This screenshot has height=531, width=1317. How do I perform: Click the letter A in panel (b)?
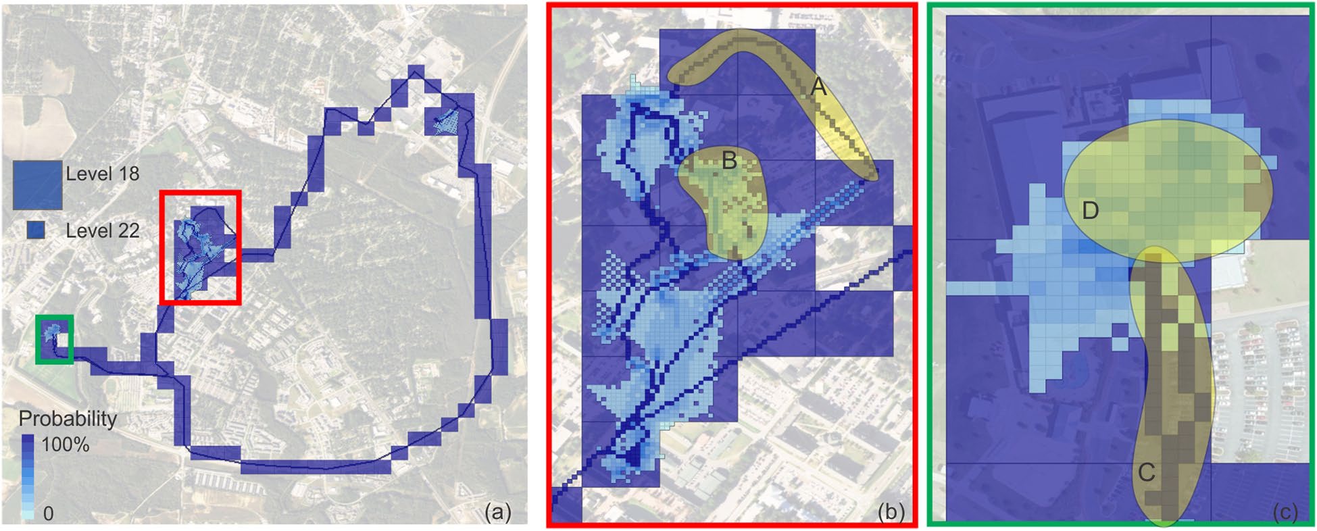(818, 87)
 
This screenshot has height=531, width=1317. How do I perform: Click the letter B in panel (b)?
(729, 161)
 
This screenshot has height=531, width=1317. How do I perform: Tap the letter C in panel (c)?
(1147, 472)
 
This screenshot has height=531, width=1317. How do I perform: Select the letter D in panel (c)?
(1090, 211)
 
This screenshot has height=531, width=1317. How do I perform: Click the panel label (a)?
(498, 512)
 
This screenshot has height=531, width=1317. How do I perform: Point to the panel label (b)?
(891, 512)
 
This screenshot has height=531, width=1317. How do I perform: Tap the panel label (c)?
(1285, 512)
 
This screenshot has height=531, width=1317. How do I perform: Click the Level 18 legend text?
(102, 174)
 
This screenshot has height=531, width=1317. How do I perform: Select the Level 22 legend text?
(102, 230)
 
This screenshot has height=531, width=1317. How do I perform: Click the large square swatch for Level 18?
(38, 184)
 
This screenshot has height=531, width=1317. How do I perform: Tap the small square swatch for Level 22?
(36, 230)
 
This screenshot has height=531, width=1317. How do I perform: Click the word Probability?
(68, 419)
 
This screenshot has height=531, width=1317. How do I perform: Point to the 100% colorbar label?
(65, 445)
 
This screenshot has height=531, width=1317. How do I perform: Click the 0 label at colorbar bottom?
(48, 513)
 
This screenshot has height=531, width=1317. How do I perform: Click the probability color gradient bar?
(28, 476)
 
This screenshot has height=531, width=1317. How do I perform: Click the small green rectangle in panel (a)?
(54, 339)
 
